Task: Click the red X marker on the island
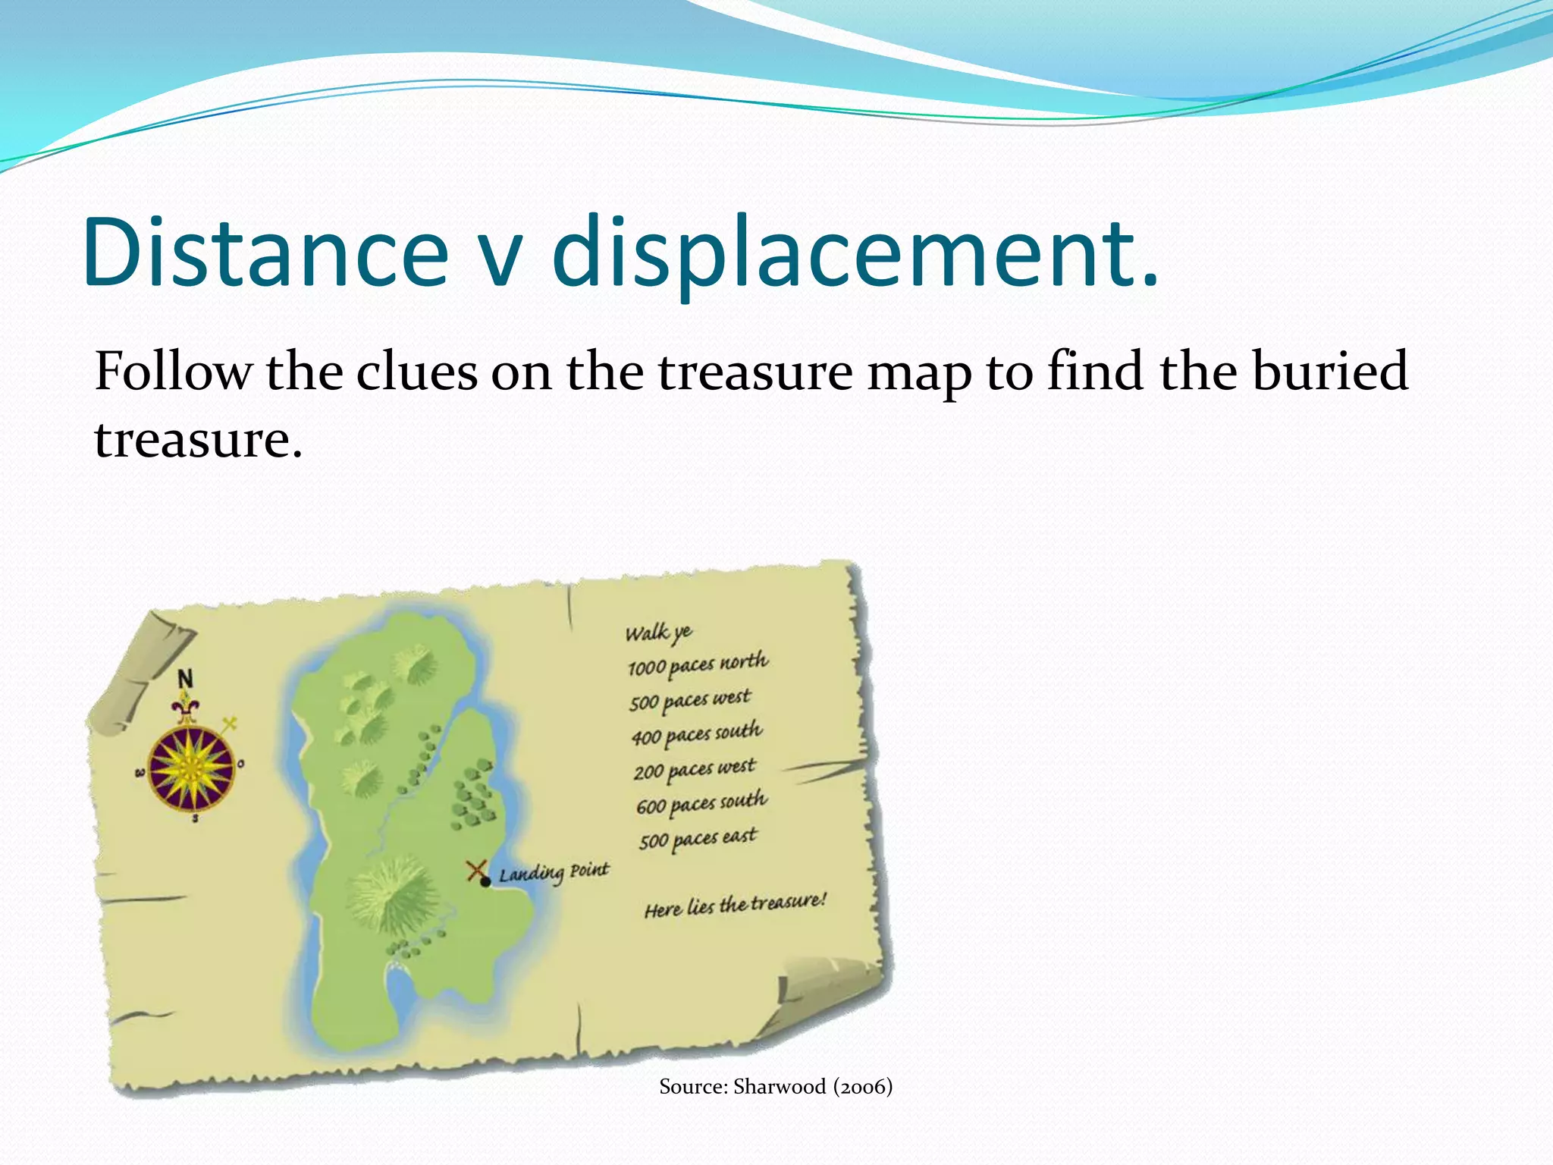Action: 476,870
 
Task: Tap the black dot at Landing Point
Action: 485,881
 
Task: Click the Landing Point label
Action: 554,873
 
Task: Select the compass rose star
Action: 191,767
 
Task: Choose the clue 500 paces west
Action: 689,699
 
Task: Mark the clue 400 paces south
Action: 696,734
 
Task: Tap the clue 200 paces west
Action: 694,769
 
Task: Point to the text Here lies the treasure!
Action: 735,904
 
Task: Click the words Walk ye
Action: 658,632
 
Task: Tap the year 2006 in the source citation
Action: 863,1087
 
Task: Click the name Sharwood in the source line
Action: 780,1087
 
